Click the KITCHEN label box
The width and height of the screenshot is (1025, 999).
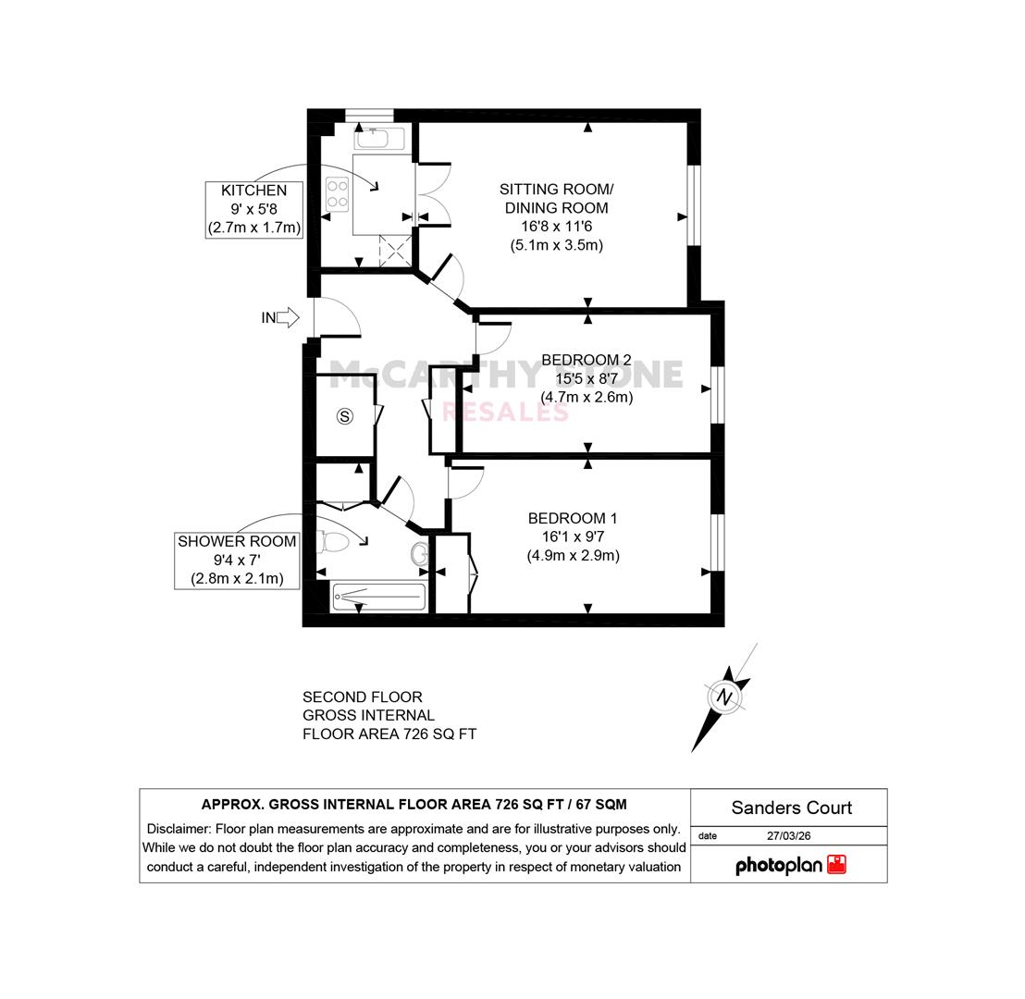254,209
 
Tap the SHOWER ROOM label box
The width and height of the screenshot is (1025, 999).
237,561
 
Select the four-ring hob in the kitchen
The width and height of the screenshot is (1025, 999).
338,193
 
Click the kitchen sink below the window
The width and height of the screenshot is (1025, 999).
379,139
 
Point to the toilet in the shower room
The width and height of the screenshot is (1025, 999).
333,542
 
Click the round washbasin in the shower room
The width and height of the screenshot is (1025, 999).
420,554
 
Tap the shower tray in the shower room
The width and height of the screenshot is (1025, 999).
379,596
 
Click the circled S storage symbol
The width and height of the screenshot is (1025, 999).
345,416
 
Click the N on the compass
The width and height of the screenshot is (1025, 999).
724,697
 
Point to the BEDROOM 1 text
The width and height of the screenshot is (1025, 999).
573,518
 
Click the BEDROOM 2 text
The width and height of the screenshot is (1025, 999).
587,360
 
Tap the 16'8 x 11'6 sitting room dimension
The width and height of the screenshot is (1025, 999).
556,227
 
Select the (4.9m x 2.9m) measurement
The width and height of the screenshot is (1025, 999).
574,556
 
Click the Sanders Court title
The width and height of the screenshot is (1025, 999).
792,808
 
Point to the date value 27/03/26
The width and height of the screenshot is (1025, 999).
789,835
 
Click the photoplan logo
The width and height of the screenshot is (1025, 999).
791,865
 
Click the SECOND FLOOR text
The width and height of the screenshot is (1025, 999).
362,697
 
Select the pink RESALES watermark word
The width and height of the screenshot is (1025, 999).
505,412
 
